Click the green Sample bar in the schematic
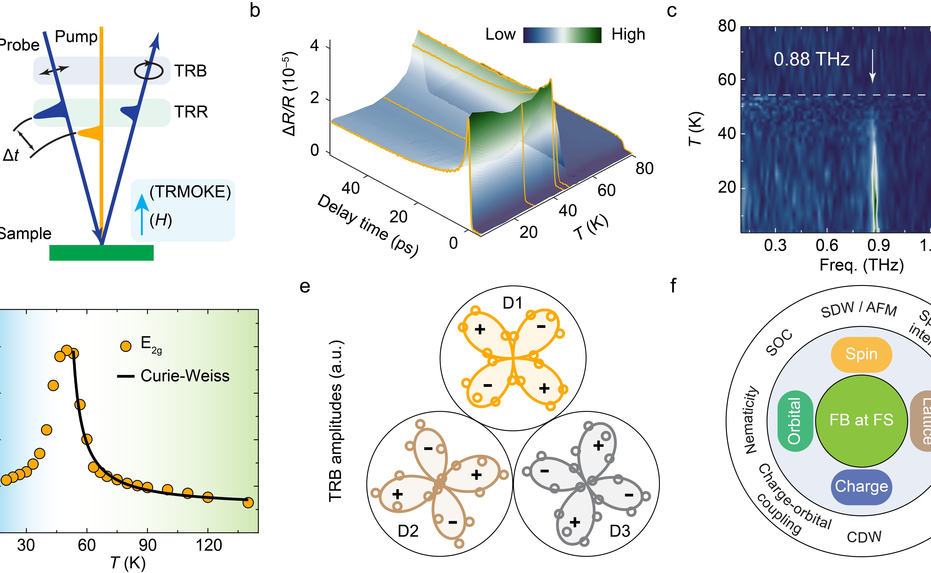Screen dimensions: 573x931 [x=102, y=253]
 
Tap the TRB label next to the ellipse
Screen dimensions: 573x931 [x=191, y=71]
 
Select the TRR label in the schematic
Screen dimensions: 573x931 [x=191, y=112]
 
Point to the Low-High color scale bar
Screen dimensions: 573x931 [x=562, y=35]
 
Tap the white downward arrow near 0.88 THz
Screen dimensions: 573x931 [x=872, y=68]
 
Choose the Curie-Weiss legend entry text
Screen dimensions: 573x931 [x=185, y=376]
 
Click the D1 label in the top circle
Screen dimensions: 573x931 [x=513, y=303]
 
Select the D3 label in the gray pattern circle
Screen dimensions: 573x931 [x=620, y=531]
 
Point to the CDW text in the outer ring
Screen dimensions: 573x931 [x=864, y=537]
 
